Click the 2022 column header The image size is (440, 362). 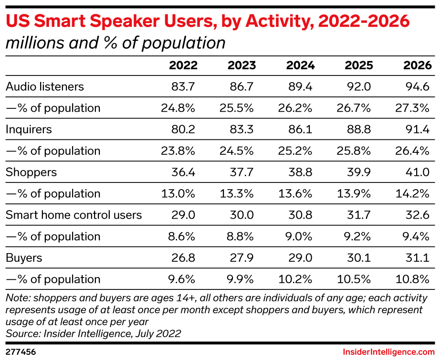[x=183, y=65]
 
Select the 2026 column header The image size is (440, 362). [x=418, y=65]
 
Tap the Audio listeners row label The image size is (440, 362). [x=45, y=86]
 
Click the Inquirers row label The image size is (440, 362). [x=29, y=129]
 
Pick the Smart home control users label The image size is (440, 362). [x=74, y=215]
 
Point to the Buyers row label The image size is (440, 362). [x=24, y=258]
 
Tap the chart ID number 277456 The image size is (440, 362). [x=21, y=352]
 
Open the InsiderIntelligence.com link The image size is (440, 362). [x=388, y=352]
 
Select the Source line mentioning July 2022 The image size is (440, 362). [x=94, y=333]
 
